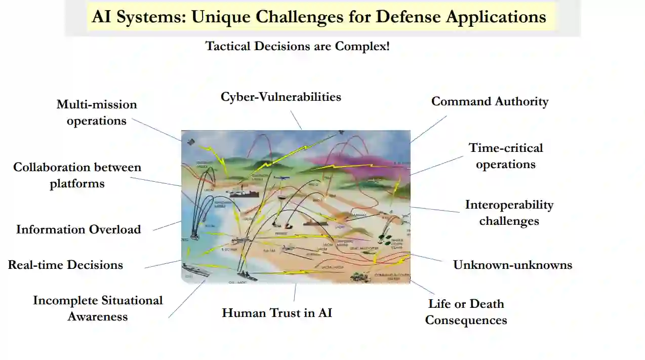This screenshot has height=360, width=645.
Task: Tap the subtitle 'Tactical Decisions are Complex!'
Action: click(x=297, y=46)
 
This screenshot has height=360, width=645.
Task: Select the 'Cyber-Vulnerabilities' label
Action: click(x=280, y=97)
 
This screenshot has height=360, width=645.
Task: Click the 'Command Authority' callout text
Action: click(x=490, y=101)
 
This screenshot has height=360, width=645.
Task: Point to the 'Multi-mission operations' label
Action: click(x=96, y=112)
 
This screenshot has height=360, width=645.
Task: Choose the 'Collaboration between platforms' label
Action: click(x=77, y=175)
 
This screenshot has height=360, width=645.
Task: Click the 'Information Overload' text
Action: click(x=78, y=229)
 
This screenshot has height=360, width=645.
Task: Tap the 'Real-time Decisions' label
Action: click(x=65, y=265)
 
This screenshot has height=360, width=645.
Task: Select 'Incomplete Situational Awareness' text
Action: click(x=98, y=308)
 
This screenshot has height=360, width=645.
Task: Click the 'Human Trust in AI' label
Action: click(x=277, y=313)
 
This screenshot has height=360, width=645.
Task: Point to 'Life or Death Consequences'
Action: click(x=466, y=312)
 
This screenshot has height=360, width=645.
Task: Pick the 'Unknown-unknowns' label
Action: click(x=512, y=265)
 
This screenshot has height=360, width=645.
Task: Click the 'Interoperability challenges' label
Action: click(x=509, y=213)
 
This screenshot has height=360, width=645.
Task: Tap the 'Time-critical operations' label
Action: click(x=505, y=156)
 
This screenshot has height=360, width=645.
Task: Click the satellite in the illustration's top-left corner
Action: click(x=190, y=142)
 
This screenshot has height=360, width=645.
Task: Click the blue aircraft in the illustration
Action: click(x=280, y=178)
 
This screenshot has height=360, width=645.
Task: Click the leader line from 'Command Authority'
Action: click(x=428, y=129)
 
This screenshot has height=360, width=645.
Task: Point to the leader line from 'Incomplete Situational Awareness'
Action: click(x=186, y=299)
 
